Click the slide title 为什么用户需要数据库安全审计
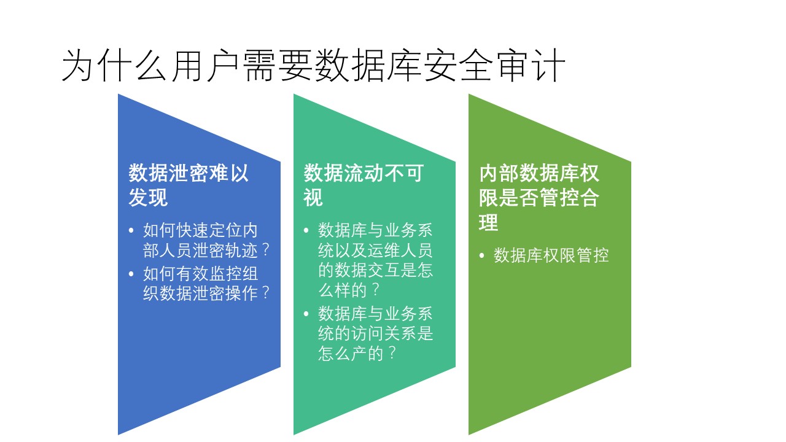click(x=313, y=66)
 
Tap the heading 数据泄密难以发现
click(x=189, y=185)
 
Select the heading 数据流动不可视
click(x=364, y=185)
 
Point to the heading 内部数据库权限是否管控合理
click(x=539, y=197)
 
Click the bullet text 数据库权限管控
click(x=551, y=255)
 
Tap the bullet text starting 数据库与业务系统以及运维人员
click(x=375, y=260)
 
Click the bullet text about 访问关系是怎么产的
click(x=375, y=333)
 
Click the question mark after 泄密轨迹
click(x=266, y=250)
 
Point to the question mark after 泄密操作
click(x=266, y=293)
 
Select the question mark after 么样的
click(x=375, y=290)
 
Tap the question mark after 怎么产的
click(x=392, y=353)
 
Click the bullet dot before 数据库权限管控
click(x=482, y=256)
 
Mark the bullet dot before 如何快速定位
click(x=131, y=230)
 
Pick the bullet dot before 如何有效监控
click(x=131, y=274)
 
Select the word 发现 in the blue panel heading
click(x=148, y=197)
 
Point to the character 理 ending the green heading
click(x=488, y=222)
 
